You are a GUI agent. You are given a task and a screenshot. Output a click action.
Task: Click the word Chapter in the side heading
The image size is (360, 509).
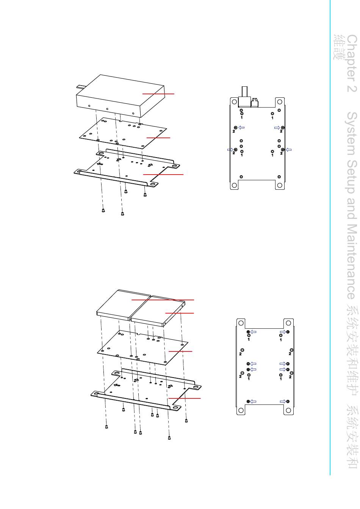[x=352, y=58]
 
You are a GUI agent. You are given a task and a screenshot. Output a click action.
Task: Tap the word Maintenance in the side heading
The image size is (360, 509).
[x=352, y=262]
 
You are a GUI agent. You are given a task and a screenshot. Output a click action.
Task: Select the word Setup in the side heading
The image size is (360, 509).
[x=352, y=177]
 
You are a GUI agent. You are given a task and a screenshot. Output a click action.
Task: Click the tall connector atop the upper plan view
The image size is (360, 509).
[x=244, y=97]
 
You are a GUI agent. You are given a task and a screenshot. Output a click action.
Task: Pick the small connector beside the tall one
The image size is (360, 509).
[x=255, y=103]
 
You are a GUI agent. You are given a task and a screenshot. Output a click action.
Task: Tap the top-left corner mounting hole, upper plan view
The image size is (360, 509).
[x=234, y=101]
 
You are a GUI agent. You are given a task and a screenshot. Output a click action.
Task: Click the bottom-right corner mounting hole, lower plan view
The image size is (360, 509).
[x=288, y=410]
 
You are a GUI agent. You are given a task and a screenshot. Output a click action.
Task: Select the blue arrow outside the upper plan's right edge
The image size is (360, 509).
[x=289, y=150]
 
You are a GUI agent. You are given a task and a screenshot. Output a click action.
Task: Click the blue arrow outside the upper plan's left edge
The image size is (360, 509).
[x=230, y=150]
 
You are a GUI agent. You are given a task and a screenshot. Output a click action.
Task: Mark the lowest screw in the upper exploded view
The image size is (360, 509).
[x=122, y=214]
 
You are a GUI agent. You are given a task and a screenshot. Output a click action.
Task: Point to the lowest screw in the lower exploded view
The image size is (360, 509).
[x=169, y=438]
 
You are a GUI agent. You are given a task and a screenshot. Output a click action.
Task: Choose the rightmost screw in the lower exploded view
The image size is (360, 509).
[x=186, y=420]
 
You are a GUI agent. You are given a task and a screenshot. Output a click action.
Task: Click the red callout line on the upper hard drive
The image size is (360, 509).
[x=158, y=94]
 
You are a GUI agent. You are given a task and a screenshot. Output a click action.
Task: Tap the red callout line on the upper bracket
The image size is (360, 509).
[x=163, y=174]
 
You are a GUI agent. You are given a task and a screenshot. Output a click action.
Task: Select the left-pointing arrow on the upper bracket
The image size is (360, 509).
[x=100, y=164]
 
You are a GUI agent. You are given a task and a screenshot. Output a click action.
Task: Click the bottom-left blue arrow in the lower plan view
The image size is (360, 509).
[x=253, y=401]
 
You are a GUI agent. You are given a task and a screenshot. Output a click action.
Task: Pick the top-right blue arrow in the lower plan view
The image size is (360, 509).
[x=283, y=332]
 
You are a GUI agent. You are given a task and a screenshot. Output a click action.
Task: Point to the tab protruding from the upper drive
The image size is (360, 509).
[x=81, y=86]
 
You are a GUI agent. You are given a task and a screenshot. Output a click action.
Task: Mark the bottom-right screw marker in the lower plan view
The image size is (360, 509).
[x=288, y=401]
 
